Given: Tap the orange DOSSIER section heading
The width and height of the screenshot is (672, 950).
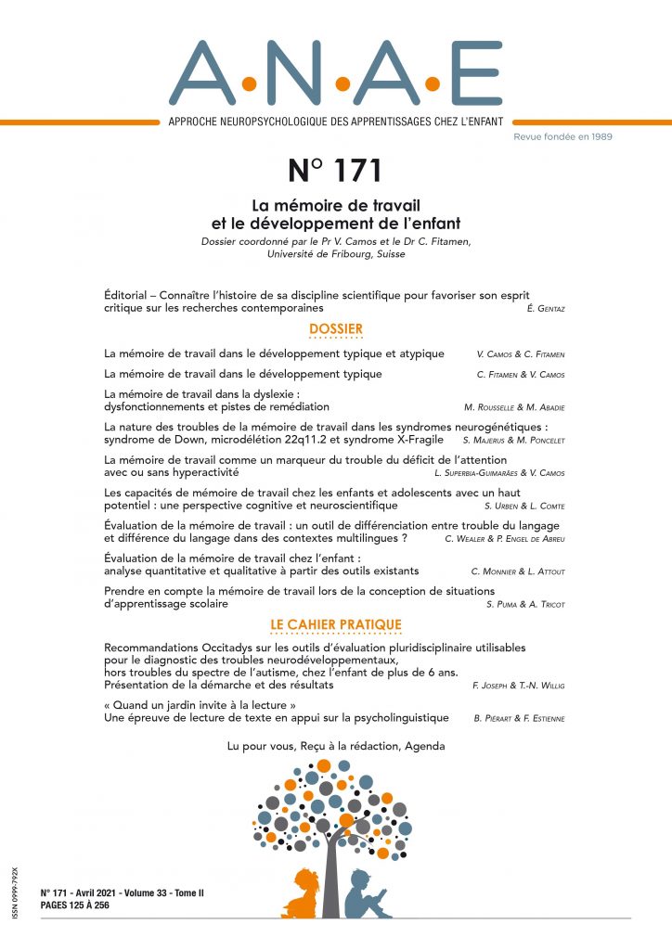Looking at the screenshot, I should (336, 329).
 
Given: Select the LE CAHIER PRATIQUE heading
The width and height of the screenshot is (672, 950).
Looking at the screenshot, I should (336, 625).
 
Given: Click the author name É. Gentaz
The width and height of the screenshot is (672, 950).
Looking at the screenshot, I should (544, 308).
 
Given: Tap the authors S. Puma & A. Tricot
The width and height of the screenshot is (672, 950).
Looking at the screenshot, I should (526, 604).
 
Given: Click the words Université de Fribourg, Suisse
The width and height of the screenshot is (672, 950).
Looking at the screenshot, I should (335, 254).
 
